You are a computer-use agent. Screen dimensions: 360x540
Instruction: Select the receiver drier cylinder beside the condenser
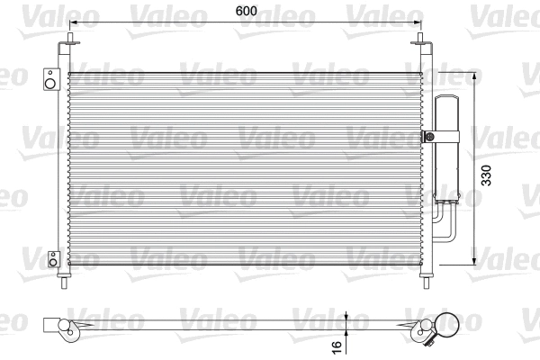point(446,148)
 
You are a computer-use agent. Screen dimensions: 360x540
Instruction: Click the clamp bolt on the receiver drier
point(429,137)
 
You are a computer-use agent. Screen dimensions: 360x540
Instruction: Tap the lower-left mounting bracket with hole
point(53,260)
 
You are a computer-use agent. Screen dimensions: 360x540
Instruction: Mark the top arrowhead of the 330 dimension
point(474,74)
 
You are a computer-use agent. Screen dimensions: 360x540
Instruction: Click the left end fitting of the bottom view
point(55,324)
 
